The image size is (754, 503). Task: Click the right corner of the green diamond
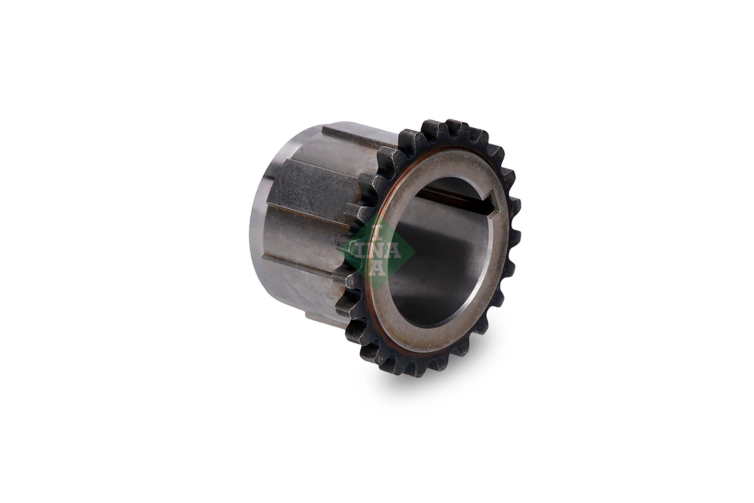point(415,251)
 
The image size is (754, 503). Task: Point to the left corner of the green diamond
point(342,251)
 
